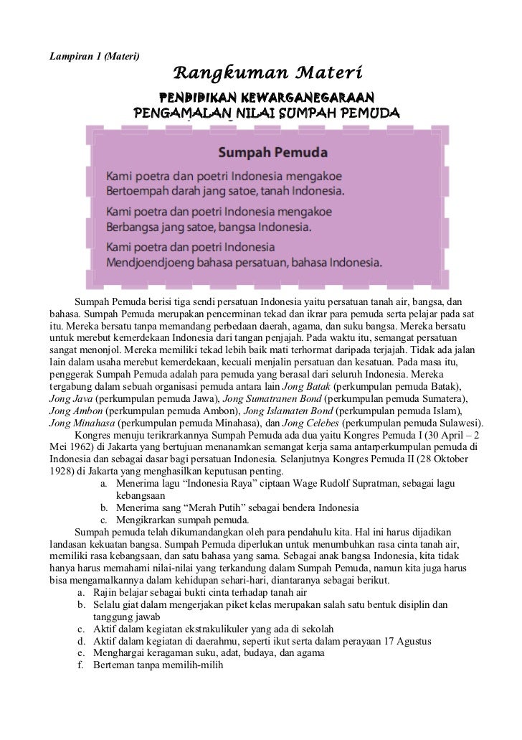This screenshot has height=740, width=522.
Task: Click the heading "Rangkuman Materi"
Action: point(270,73)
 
